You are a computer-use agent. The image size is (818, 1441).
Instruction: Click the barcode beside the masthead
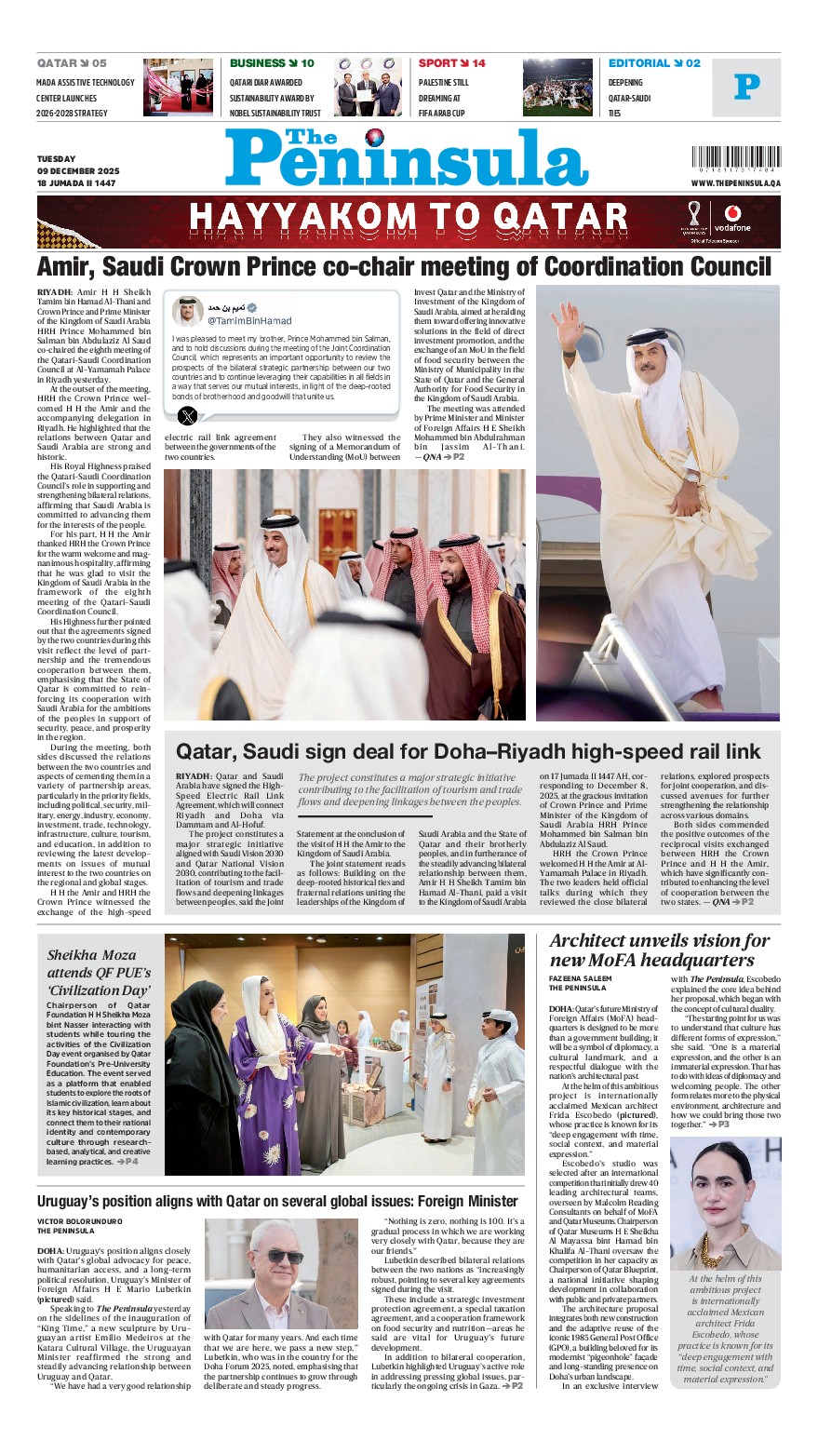coord(736,159)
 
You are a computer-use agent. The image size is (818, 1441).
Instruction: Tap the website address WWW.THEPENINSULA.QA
coord(736,183)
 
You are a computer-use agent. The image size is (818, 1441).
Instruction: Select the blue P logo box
coord(746,88)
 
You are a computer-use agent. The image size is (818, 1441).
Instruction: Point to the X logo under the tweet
coord(187,415)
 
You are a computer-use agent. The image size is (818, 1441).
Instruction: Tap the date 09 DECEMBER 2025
coord(78,171)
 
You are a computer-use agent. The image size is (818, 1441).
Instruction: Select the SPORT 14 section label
coord(451,63)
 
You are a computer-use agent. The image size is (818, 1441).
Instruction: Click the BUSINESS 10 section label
coord(272,63)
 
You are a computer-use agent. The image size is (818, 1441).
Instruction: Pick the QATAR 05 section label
coord(72,63)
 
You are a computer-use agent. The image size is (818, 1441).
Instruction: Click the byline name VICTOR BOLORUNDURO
coord(79,1220)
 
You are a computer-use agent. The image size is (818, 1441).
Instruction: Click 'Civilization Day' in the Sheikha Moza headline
coord(98,990)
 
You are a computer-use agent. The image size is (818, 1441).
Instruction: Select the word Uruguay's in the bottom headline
coord(73,1201)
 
